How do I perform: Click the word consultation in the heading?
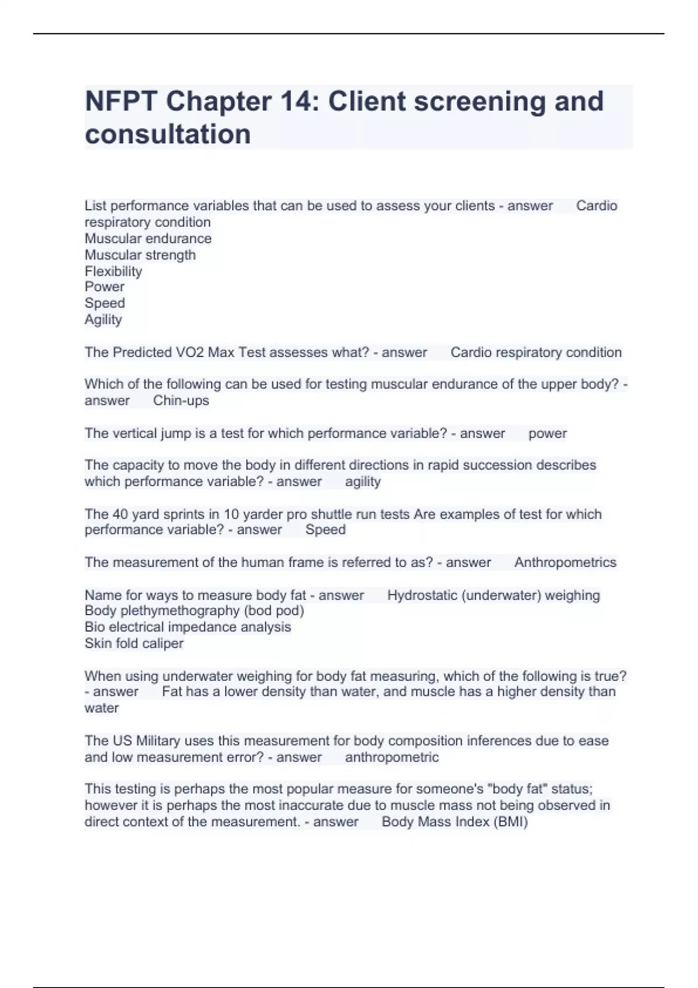coord(168,134)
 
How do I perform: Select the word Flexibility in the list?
coord(113,271)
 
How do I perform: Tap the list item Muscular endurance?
coord(148,238)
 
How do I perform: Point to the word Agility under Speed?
coord(103,320)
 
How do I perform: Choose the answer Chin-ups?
coord(181,400)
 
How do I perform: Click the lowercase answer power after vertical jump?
coord(547,434)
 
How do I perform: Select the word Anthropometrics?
coord(565,563)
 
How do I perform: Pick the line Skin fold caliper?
coord(134,643)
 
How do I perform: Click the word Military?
coord(158,741)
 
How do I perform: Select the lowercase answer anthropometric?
coord(391,757)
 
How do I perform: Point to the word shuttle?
coord(332,514)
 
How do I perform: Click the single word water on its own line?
coord(102,708)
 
